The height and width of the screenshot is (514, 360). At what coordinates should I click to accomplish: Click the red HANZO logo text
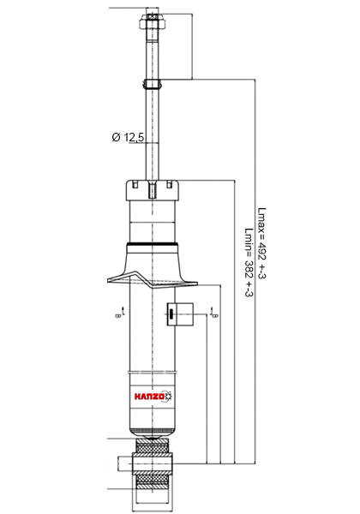pos(149,397)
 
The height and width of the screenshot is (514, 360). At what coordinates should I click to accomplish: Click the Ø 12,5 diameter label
pos(128,137)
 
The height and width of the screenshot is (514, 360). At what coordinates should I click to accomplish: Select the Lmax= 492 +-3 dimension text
pos(261,243)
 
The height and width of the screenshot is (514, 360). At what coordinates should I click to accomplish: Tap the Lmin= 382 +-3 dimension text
pos(249,262)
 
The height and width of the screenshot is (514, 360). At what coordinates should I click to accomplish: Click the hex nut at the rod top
pos(152,21)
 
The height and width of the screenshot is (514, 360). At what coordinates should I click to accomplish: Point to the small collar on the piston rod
pos(152,84)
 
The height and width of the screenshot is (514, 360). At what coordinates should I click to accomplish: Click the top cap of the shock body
pos(153,190)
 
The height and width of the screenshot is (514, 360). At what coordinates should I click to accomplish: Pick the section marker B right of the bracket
pos(214,313)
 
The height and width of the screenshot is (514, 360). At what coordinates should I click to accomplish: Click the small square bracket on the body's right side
pos(180,314)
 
